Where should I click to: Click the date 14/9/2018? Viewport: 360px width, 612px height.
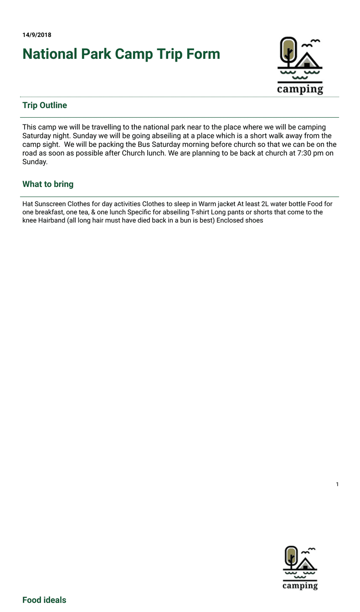click(36, 35)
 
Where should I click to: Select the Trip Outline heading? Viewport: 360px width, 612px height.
click(45, 105)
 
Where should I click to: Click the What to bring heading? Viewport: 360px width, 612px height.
click(48, 184)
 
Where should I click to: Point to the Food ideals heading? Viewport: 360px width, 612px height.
click(44, 600)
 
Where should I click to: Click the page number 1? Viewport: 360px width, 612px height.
click(337, 484)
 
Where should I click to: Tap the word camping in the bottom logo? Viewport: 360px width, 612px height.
click(300, 585)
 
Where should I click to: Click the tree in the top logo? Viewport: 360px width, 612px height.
click(288, 51)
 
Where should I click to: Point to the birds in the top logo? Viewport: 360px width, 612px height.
click(310, 43)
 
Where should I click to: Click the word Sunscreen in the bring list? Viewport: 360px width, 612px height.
click(50, 204)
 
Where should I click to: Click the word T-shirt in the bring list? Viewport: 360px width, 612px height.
click(201, 212)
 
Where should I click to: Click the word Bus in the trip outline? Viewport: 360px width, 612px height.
click(144, 145)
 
